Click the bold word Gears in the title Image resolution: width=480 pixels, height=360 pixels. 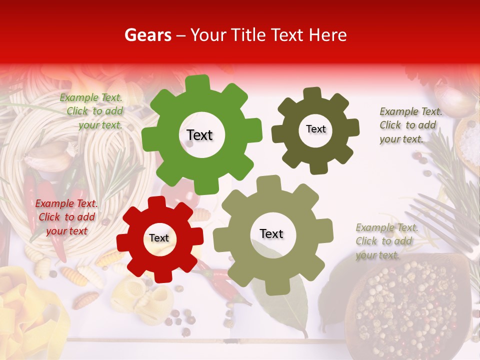coord(147,35)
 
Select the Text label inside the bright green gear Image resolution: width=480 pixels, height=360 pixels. coord(199,135)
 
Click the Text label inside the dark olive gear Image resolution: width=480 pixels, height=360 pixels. coord(315,129)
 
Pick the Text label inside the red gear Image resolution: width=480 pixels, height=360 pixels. coord(159,238)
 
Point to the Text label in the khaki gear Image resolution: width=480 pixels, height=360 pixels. coord(271,233)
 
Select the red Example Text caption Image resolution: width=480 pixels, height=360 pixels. coord(66,217)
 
